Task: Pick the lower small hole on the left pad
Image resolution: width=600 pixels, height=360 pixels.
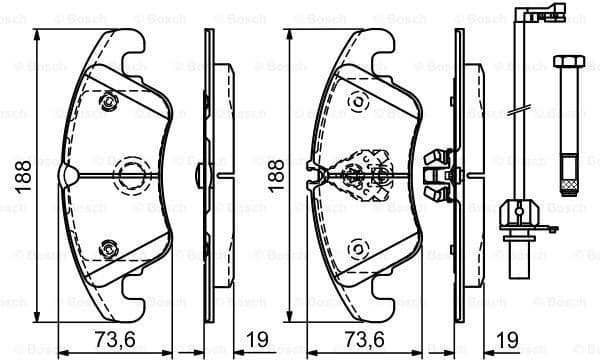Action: [108, 246]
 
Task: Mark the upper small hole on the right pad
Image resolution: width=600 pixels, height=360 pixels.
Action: [356, 101]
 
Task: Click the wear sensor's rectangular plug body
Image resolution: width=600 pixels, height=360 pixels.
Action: [516, 211]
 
